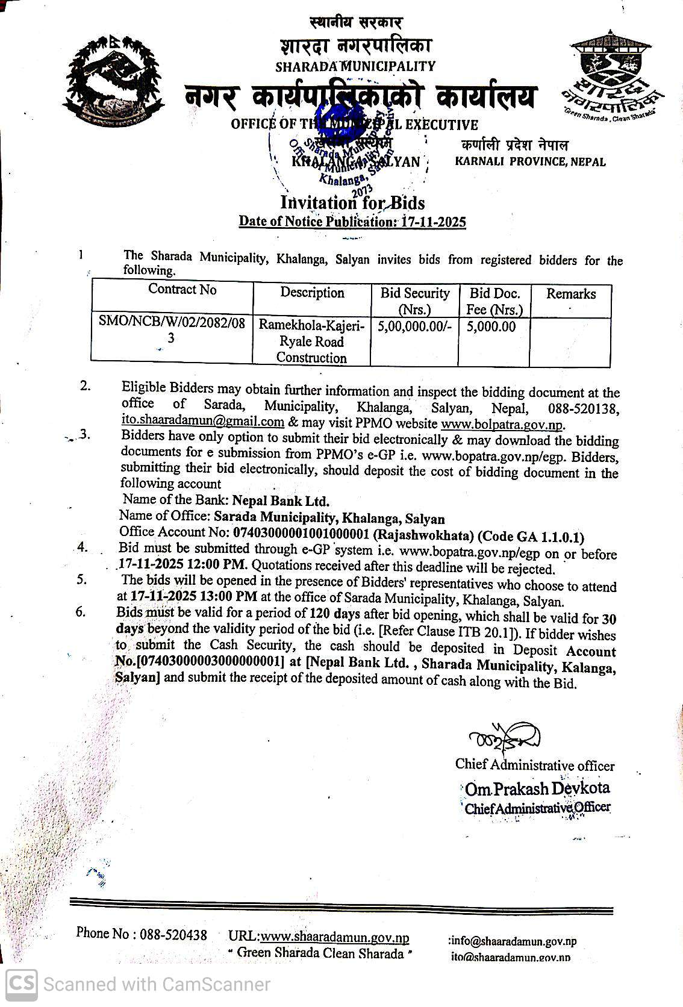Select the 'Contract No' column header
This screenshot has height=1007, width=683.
182,290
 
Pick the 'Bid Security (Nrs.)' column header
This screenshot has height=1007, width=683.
414,301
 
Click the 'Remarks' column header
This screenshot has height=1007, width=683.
570,294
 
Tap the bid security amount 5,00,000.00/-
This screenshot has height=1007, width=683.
414,327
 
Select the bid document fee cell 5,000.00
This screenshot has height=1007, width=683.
491,327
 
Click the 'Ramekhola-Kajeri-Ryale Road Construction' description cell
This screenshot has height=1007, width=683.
311,341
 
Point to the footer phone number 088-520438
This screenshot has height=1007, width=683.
173,934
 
